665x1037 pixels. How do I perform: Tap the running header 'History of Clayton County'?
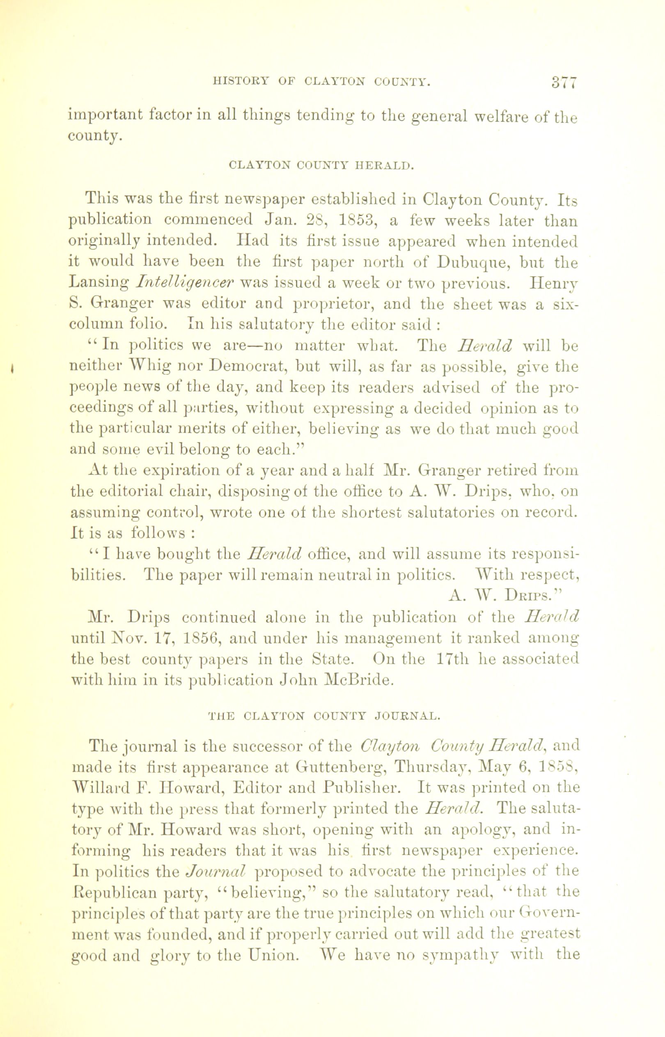[321, 81]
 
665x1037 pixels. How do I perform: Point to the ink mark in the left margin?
[14, 368]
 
